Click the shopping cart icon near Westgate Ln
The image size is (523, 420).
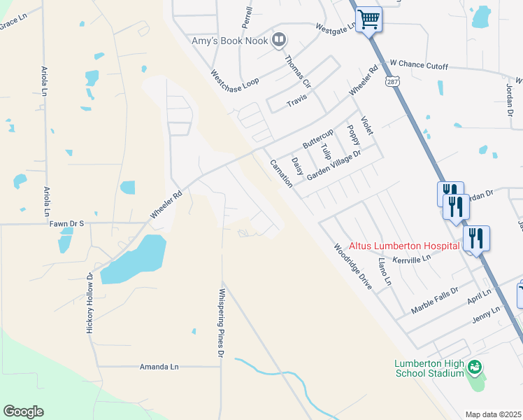click(x=368, y=19)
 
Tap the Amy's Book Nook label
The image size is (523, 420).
click(x=230, y=41)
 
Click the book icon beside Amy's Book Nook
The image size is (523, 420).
click(x=278, y=40)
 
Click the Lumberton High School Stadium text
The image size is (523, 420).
click(x=429, y=368)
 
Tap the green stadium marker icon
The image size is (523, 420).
click(x=475, y=367)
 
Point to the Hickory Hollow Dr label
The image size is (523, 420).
click(x=89, y=302)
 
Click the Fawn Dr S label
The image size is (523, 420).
click(x=66, y=223)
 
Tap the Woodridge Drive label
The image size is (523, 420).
click(x=352, y=266)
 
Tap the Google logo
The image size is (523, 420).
click(x=24, y=412)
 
